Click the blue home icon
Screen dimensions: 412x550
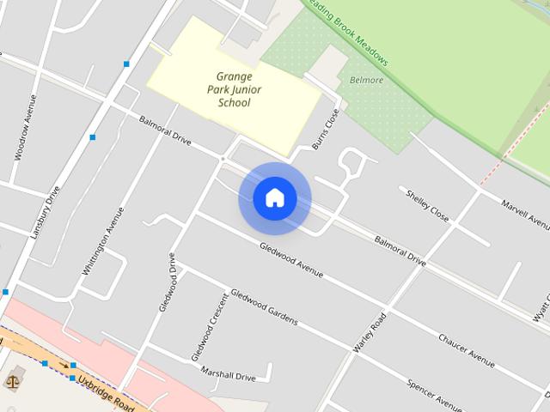[274, 198]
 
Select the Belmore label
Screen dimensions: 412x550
[367, 80]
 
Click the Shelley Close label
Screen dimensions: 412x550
[427, 204]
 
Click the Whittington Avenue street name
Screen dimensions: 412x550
[97, 241]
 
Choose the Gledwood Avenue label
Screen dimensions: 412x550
[291, 259]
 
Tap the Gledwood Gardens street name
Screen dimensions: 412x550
[264, 306]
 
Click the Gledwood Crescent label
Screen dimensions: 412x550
[210, 326]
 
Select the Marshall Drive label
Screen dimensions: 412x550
[228, 375]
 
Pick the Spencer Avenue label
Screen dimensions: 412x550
[437, 392]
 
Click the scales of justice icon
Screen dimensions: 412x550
[14, 380]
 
